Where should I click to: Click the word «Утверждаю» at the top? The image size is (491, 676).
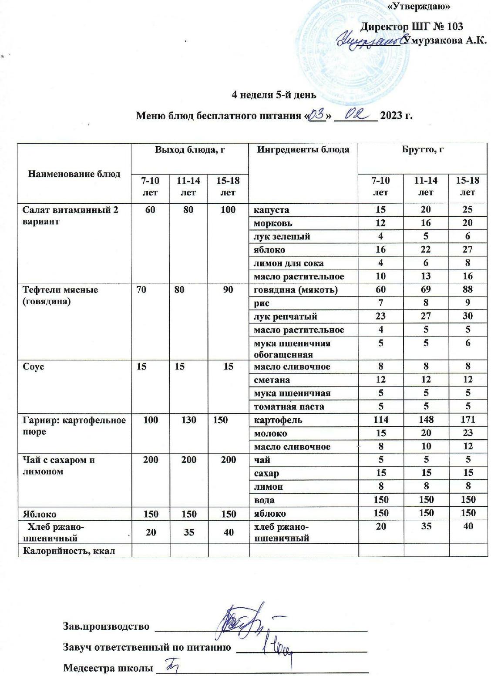pos(418,6)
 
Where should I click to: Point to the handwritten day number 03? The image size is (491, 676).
pos(316,115)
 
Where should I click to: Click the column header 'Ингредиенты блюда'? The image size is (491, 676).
pos(303,150)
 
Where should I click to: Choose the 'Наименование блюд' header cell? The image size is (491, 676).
pos(74,174)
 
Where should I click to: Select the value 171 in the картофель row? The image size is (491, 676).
pos(467,420)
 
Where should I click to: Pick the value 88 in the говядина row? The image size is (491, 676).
pos(467,289)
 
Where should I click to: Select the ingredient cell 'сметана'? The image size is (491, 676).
pos(272,380)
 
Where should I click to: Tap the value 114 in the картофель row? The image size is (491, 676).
pos(381,420)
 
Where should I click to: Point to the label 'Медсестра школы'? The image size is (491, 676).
pos(108,668)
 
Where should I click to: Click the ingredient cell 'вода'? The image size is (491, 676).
pos(264,500)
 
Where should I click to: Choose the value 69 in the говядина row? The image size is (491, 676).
pos(426,289)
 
